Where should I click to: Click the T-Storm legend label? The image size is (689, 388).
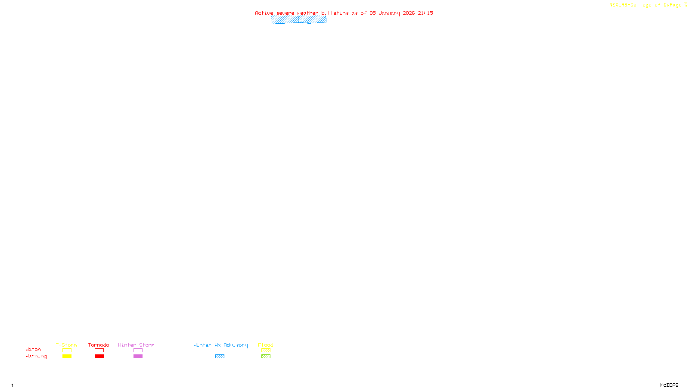[66, 345]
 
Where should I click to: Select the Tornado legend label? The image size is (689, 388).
[99, 345]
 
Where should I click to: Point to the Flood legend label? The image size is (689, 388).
[266, 345]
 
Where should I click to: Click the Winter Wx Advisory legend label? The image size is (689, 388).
[220, 345]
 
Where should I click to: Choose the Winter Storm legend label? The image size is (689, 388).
[136, 345]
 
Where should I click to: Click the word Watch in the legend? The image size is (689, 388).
[33, 349]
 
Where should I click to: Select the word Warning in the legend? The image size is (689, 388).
[36, 356]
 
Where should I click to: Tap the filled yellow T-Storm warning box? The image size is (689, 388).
[67, 357]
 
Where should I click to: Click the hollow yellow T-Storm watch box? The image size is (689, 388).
[67, 350]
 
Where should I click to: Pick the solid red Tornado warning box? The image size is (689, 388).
[99, 357]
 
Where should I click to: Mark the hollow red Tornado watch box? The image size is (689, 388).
[99, 350]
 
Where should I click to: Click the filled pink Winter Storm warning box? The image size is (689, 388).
[138, 357]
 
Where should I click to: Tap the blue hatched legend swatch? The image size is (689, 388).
[220, 357]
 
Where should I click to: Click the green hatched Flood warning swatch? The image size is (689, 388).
[266, 357]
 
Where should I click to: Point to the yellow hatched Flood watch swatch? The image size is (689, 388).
[266, 350]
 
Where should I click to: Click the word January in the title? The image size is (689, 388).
[389, 13]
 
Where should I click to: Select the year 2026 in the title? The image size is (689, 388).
[409, 13]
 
